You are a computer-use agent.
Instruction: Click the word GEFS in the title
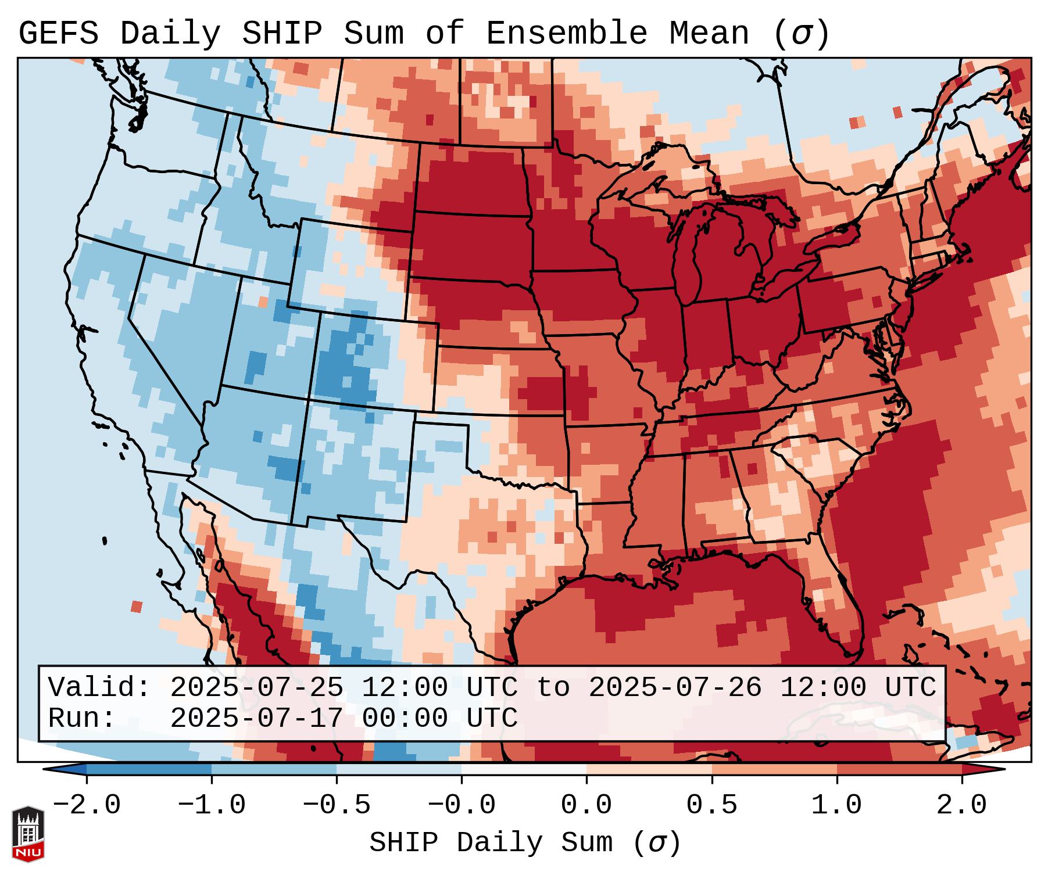click(x=58, y=34)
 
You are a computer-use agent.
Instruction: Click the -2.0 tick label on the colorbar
click(x=87, y=805)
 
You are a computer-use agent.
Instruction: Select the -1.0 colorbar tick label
click(x=212, y=805)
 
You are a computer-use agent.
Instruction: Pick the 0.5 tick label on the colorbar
click(x=711, y=805)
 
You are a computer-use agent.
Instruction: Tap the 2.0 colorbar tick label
click(x=962, y=805)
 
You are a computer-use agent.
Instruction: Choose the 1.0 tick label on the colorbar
click(x=836, y=805)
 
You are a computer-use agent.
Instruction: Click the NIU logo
click(x=28, y=834)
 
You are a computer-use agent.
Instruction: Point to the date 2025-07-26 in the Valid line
click(x=675, y=687)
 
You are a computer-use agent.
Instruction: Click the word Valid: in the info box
click(x=99, y=687)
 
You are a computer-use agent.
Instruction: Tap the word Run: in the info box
click(x=82, y=718)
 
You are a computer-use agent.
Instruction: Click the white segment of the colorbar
click(x=524, y=770)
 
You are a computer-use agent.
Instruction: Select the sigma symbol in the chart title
click(x=802, y=34)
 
